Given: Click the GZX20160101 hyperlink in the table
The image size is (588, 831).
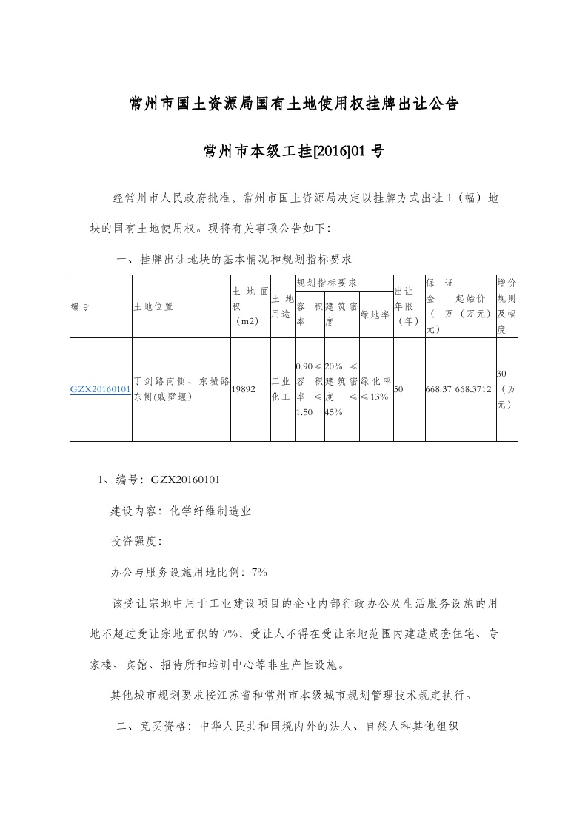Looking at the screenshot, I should click(101, 389).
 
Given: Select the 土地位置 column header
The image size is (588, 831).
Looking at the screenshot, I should click(153, 306).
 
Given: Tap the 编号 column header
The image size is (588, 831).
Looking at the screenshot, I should click(80, 306).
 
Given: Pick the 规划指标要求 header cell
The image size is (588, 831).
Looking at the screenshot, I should click(327, 283).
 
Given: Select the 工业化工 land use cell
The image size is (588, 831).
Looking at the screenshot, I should click(282, 389).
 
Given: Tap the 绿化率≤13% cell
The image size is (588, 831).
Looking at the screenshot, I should click(375, 389).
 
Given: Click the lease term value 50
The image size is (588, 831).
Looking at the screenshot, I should click(400, 389).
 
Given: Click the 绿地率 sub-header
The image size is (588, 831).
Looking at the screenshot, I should click(375, 314).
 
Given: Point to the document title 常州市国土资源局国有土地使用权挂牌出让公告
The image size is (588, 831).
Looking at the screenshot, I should click(294, 103).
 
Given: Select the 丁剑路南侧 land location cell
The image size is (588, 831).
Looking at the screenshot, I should click(180, 389).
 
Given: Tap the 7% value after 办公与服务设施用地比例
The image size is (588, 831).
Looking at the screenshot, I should click(259, 572).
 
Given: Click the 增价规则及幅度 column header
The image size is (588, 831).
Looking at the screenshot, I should click(507, 306).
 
